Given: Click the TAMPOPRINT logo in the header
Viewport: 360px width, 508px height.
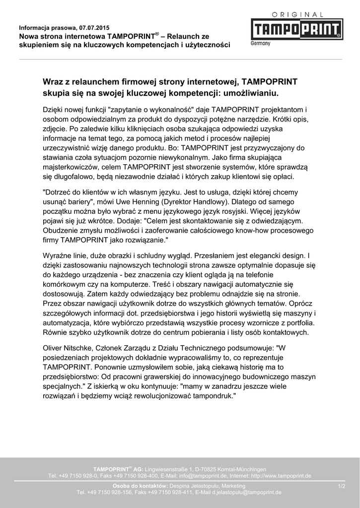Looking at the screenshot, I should [296, 29].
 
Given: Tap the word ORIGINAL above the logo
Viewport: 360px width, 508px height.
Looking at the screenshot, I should [297, 15].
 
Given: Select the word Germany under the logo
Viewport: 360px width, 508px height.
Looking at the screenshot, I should [260, 44].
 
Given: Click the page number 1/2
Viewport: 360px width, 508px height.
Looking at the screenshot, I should [341, 486].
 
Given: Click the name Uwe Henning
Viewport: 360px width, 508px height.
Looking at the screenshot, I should [147, 202].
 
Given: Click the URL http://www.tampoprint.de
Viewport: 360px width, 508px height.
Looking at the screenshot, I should [281, 476].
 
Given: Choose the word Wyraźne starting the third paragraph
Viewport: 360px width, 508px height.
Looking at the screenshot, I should [58, 256].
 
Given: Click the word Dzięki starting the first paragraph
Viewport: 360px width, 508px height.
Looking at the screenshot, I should [55, 109].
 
